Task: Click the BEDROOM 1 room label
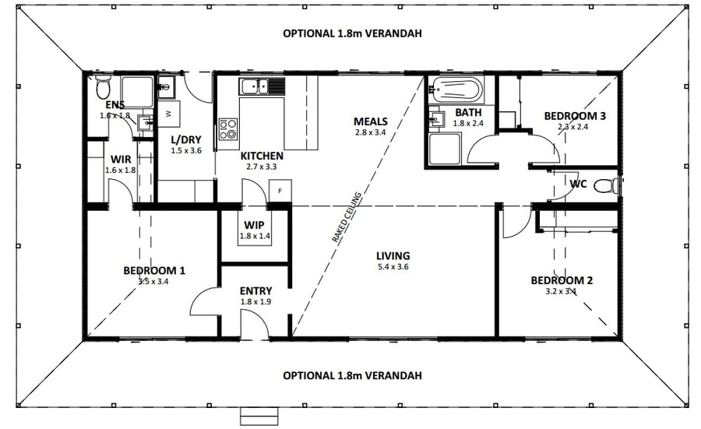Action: coord(153,271)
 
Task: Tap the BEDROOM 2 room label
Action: coord(562,280)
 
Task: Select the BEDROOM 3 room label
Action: coord(575,116)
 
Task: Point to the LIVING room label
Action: coord(393,256)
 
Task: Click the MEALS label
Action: coord(370,121)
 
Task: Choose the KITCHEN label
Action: coord(260,156)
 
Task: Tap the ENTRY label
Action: coord(255,291)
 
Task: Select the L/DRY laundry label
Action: coord(186,140)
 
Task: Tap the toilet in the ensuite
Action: coord(103,84)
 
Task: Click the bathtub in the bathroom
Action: coord(456,90)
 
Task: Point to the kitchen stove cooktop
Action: coord(228,128)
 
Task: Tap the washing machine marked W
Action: coord(169,114)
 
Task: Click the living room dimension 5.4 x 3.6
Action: coord(393,267)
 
